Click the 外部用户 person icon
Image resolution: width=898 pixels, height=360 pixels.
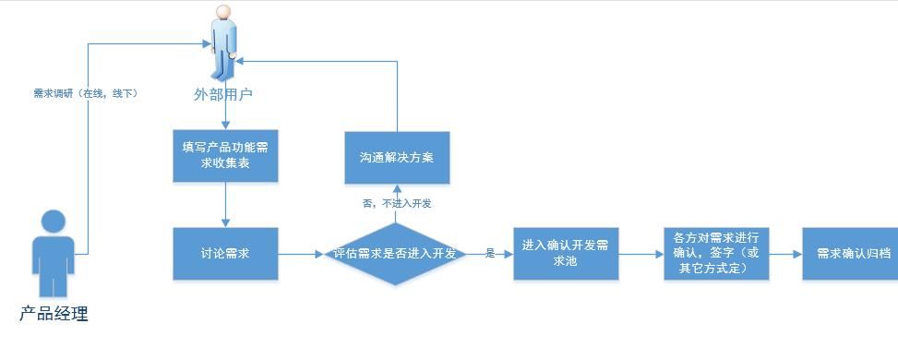[x=222, y=42]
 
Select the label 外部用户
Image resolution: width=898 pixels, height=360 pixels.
[x=222, y=94]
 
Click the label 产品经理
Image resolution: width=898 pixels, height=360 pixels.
[x=54, y=314]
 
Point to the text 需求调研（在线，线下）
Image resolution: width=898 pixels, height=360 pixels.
[x=86, y=93]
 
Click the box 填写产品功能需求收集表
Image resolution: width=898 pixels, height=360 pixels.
[x=225, y=155]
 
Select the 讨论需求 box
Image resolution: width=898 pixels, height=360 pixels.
[x=225, y=253]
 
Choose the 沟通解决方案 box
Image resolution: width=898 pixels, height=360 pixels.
[x=397, y=155]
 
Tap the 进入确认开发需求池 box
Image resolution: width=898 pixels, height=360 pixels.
[x=565, y=253]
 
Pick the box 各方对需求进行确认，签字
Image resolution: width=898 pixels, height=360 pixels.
[x=717, y=253]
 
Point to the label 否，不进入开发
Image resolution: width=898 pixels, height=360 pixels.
[x=397, y=202]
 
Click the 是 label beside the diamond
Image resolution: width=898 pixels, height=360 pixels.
[x=490, y=253]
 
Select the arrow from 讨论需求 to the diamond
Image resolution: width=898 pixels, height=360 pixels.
[x=301, y=253]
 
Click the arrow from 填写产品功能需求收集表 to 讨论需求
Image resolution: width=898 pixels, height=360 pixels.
[x=225, y=204]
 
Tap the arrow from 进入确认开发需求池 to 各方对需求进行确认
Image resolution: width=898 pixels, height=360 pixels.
[x=641, y=253]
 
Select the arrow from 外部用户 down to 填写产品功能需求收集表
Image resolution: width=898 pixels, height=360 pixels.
[x=225, y=115]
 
